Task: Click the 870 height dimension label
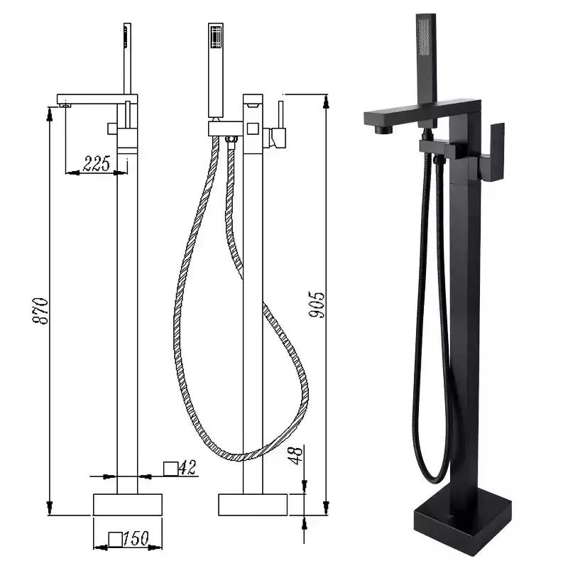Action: (x=40, y=311)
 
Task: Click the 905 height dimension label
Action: (x=317, y=305)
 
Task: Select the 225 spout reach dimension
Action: (x=97, y=163)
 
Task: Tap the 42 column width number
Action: (x=187, y=467)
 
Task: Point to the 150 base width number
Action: (x=136, y=539)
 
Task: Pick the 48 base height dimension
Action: (x=296, y=455)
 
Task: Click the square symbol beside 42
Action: (x=170, y=469)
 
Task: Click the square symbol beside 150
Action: (x=116, y=539)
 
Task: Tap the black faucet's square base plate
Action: (x=463, y=522)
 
